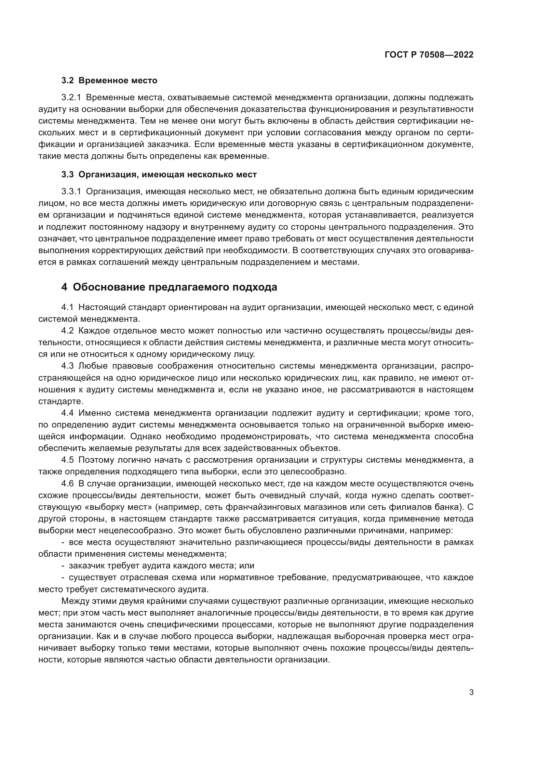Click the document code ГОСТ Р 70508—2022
[x=429, y=55]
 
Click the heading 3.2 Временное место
[x=109, y=81]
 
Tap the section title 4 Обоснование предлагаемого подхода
[x=169, y=287]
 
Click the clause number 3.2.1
[x=71, y=98]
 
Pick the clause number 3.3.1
[x=71, y=191]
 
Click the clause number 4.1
[x=67, y=307]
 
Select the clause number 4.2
[x=67, y=331]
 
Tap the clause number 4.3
[x=67, y=366]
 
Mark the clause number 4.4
[x=67, y=413]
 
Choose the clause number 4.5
[x=67, y=460]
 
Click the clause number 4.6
[x=67, y=483]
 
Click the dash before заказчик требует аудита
[x=63, y=566]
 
